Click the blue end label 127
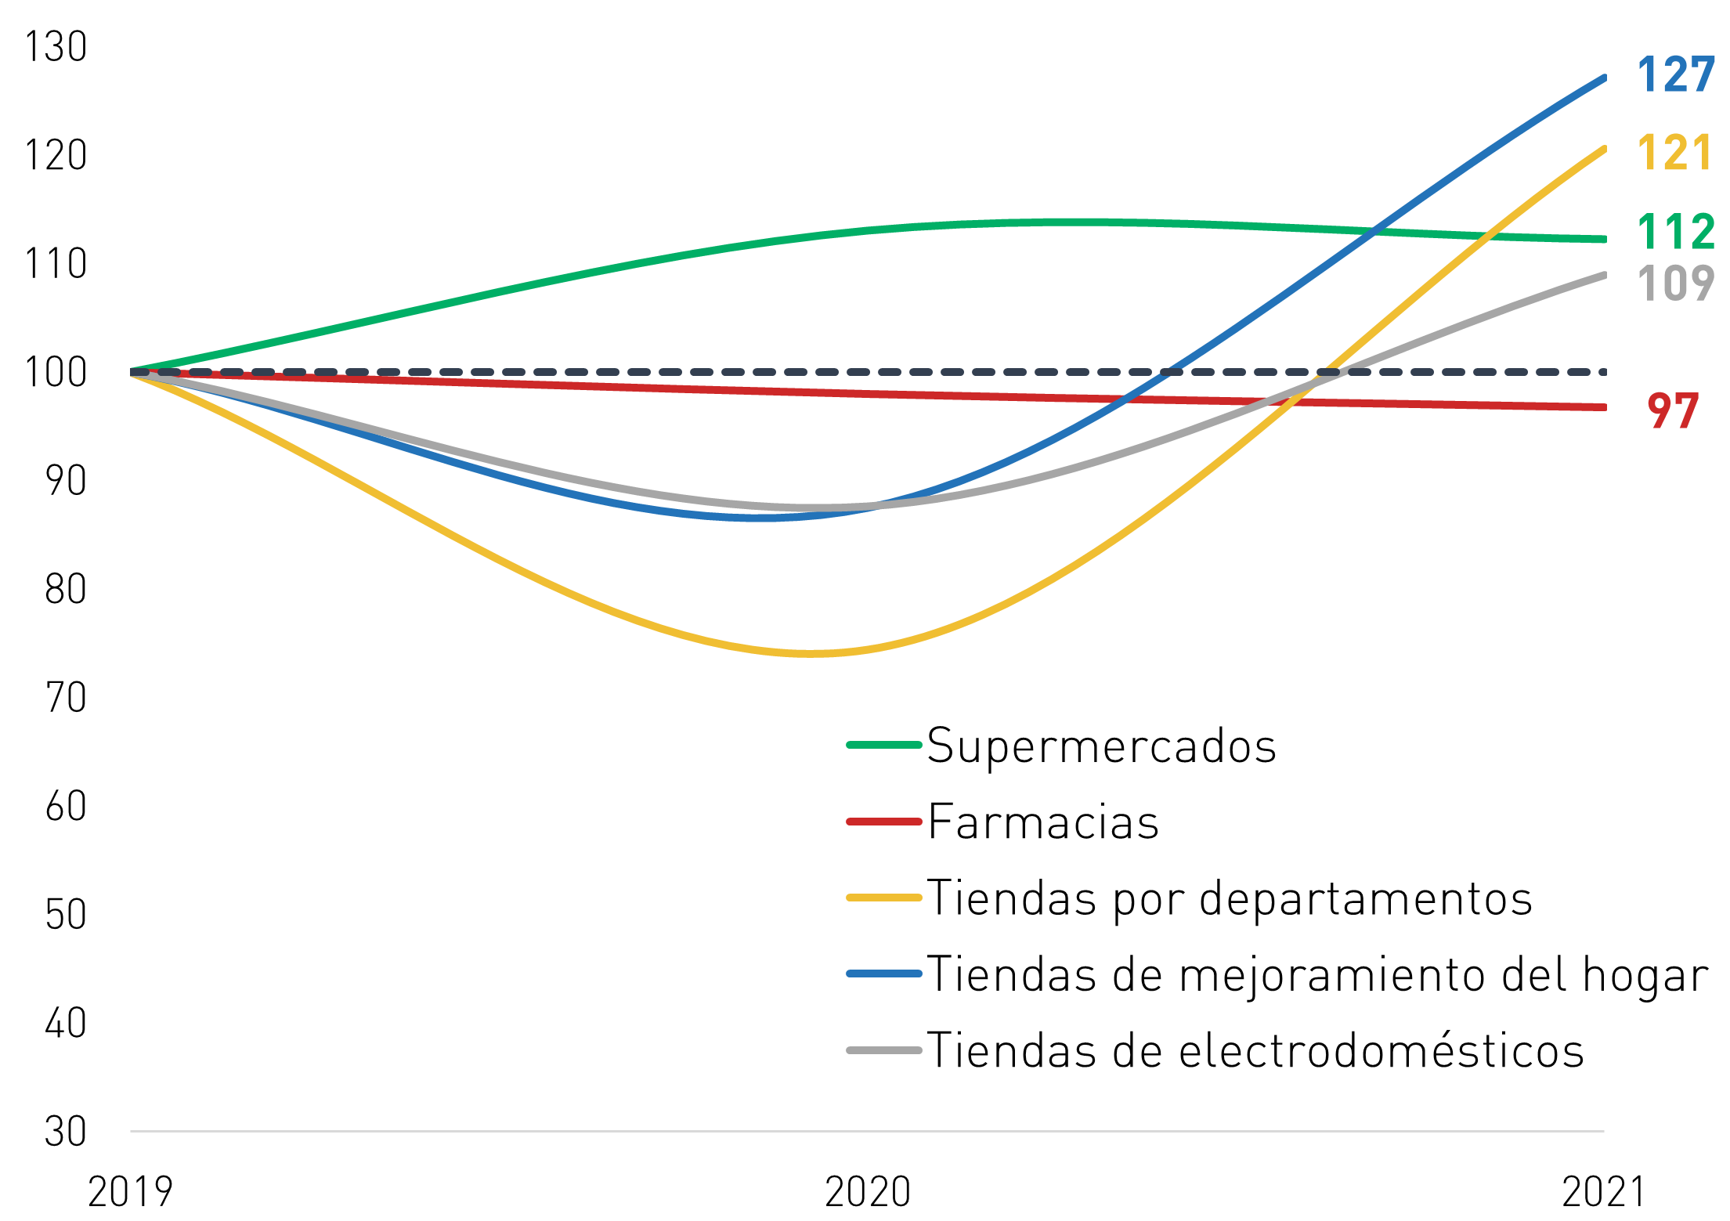1676,75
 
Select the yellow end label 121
1674,152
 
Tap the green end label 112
1676,232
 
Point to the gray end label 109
1676,283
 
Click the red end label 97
1673,411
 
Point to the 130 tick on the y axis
56,47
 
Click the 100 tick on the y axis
56,372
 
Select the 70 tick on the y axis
66,697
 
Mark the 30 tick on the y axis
66,1132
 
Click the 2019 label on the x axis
130,1192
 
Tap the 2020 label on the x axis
868,1192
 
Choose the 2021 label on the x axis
1604,1192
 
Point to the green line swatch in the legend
884,745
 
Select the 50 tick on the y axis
66,915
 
